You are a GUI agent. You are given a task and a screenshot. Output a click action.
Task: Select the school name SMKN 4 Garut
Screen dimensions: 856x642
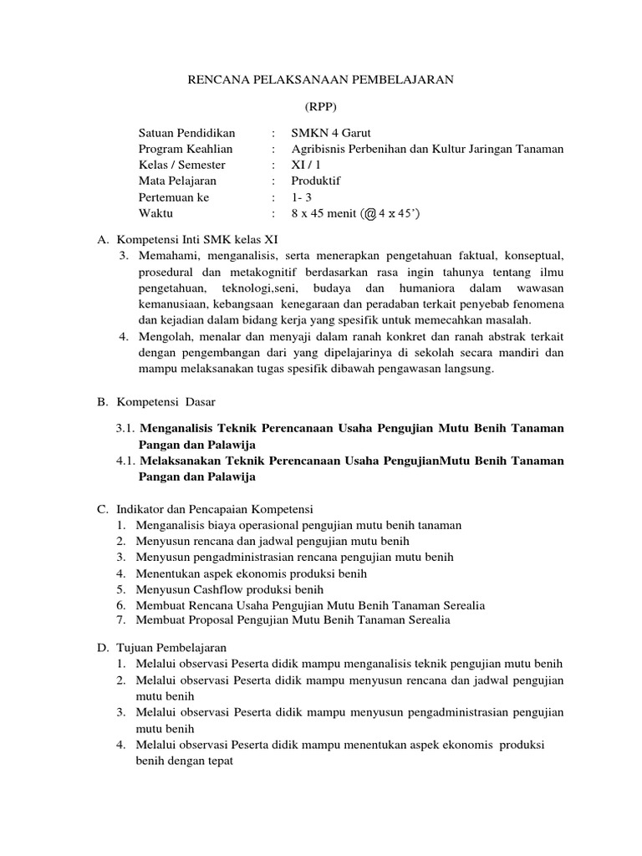tap(330, 133)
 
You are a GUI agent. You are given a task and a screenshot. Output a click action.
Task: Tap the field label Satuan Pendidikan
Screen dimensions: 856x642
tap(187, 133)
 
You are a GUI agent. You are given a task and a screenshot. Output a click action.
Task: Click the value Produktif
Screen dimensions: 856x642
tap(316, 181)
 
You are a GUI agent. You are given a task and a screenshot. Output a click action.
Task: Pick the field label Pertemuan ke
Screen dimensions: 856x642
tap(174, 197)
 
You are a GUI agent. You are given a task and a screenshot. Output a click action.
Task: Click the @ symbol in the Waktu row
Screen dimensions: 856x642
tap(369, 213)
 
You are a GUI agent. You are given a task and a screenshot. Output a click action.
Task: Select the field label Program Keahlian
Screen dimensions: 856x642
tap(186, 149)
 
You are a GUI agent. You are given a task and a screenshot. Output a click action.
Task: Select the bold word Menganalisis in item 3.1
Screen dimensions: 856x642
tap(178, 428)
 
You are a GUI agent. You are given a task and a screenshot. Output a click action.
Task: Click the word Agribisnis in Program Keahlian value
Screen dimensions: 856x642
tap(320, 149)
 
